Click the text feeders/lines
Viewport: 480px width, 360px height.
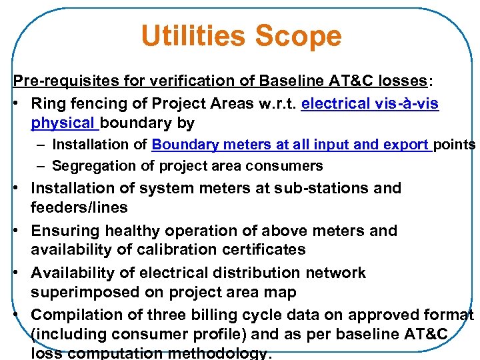coord(79,207)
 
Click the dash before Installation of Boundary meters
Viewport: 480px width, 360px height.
coord(42,145)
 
